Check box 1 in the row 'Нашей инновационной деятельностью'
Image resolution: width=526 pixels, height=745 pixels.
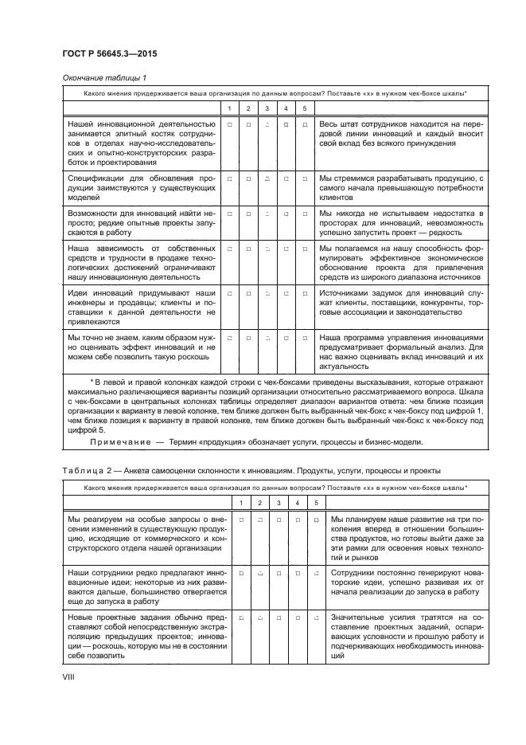point(229,125)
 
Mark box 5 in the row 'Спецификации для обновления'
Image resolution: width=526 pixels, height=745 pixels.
point(306,179)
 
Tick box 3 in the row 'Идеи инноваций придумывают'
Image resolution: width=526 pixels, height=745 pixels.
point(267,295)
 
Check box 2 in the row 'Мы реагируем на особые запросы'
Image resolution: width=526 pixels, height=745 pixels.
point(260,520)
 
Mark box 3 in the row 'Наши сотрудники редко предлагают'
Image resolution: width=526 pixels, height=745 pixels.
point(279,574)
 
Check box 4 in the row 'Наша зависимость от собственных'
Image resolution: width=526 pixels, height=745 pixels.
point(286,249)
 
